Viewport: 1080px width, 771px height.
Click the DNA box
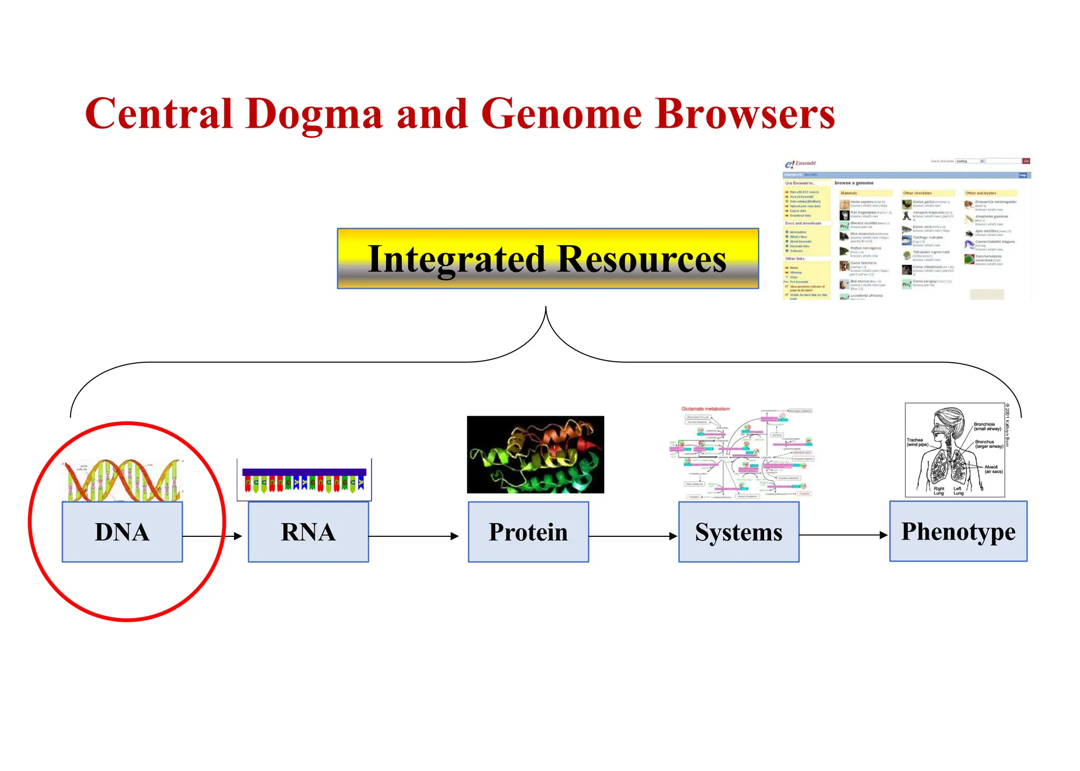click(x=122, y=532)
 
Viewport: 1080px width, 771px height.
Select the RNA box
click(x=308, y=532)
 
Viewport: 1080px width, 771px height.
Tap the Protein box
click(x=528, y=532)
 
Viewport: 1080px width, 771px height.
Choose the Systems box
click(x=739, y=532)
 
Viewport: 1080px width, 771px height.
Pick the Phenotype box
click(x=958, y=531)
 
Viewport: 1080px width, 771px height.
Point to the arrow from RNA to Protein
click(x=414, y=536)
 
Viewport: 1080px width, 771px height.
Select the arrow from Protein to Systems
click(x=633, y=536)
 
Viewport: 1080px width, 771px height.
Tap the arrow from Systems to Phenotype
click(x=844, y=535)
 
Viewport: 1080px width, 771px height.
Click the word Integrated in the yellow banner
click(x=457, y=259)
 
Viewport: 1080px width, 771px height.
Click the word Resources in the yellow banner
click(x=641, y=259)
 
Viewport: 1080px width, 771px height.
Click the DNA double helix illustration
click(x=122, y=480)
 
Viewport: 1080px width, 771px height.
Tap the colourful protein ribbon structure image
click(x=535, y=455)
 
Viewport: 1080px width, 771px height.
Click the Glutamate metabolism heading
click(x=706, y=409)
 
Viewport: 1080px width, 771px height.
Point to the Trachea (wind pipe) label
click(x=917, y=442)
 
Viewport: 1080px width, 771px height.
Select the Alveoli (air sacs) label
click(x=993, y=469)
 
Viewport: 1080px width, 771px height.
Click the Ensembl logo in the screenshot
click(x=801, y=163)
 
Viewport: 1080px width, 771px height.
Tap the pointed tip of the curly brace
click(x=546, y=309)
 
